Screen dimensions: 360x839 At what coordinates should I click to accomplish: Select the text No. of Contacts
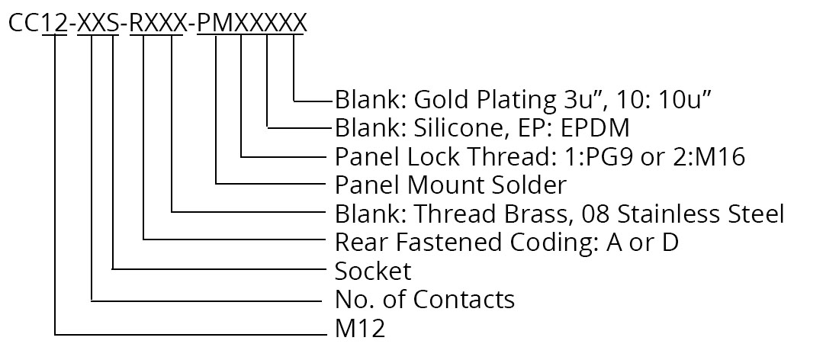click(425, 300)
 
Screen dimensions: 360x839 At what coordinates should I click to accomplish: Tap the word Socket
click(373, 271)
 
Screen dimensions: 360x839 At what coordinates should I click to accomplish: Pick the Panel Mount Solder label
click(451, 185)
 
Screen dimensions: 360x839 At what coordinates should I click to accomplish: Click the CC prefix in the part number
click(24, 24)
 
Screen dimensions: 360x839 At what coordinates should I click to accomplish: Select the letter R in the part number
click(137, 24)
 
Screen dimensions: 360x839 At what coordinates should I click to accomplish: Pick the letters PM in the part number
click(216, 24)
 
